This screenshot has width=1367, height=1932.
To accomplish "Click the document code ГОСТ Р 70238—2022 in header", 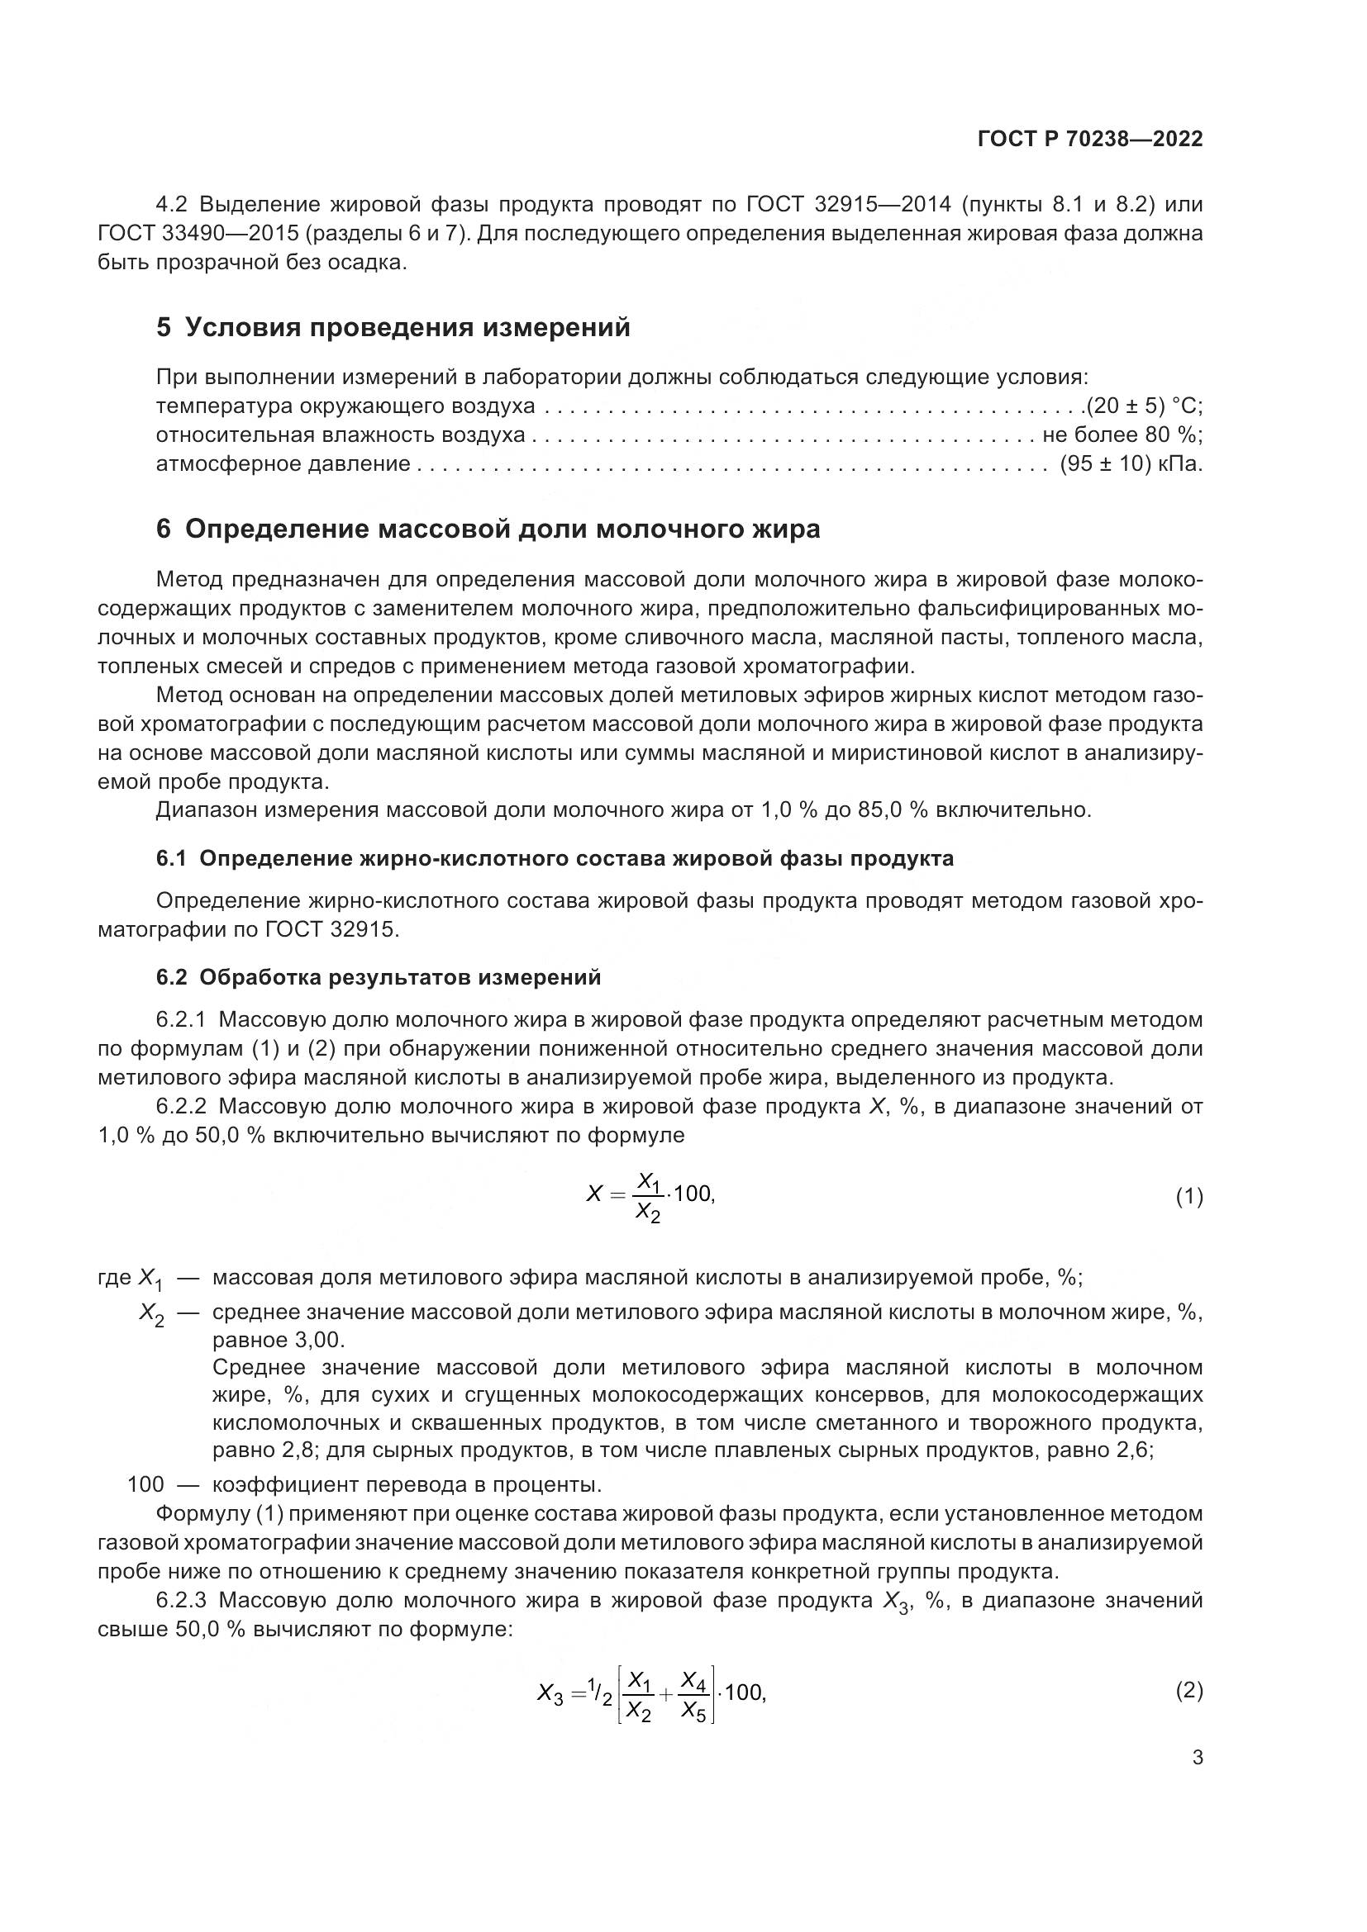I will point(1090,139).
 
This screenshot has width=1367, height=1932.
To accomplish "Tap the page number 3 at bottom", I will point(1197,1758).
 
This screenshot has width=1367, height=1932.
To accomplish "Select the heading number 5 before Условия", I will point(164,327).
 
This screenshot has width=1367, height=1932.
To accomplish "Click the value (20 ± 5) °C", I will point(1143,406).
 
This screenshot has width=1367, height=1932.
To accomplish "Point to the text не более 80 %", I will point(1122,435).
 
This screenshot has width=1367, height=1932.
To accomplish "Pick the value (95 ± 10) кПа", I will point(1131,463).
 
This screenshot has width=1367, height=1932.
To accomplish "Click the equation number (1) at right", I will point(1188,1197).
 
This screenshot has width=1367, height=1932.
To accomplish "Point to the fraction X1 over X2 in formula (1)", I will point(647,1197).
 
